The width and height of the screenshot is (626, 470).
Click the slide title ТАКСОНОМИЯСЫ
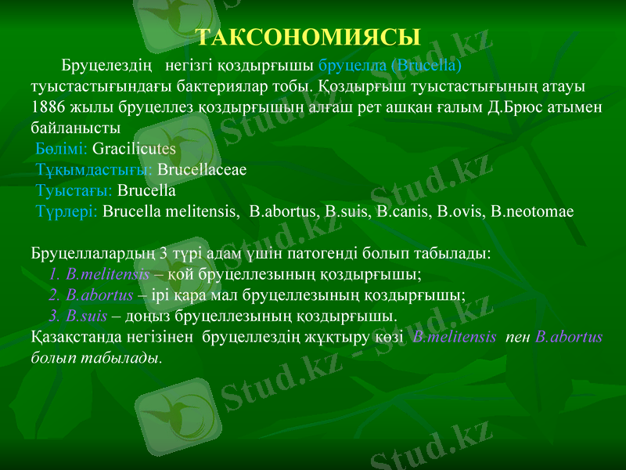(x=308, y=37)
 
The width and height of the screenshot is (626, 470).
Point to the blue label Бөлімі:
(x=62, y=147)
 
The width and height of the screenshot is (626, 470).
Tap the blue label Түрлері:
(x=67, y=211)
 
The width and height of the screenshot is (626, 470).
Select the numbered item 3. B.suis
(x=77, y=316)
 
